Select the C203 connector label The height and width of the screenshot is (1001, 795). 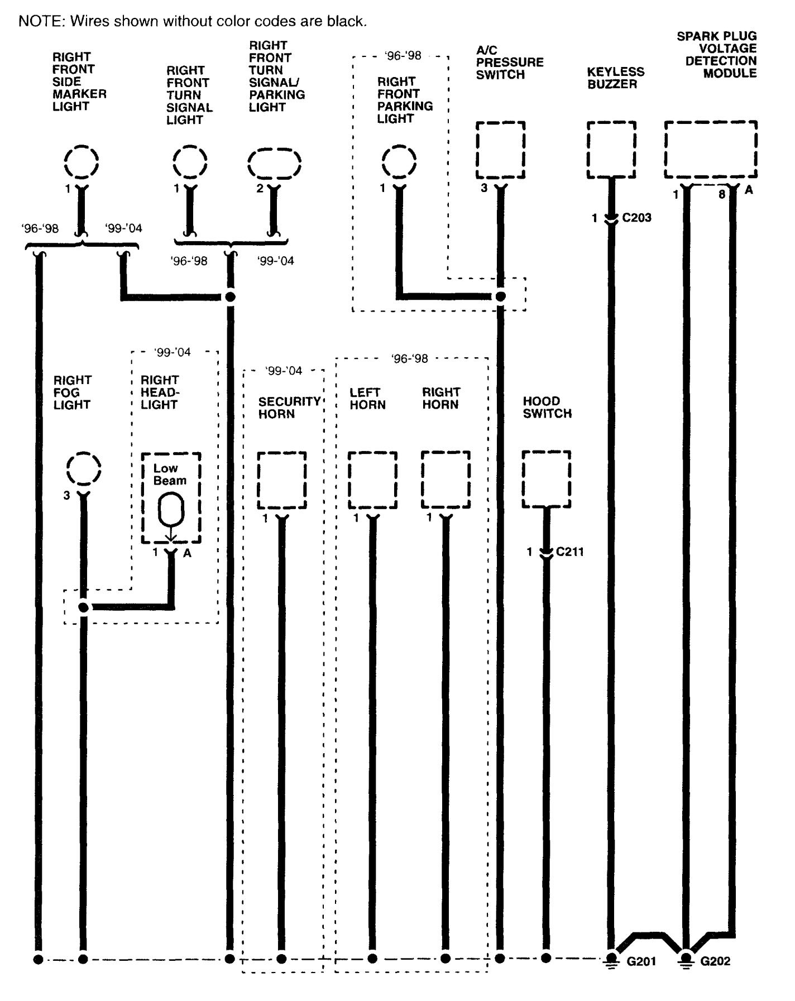tap(636, 218)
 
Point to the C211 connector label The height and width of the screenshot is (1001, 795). tap(569, 552)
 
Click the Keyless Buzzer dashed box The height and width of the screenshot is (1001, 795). tap(611, 150)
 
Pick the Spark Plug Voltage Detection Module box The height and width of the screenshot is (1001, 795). tap(711, 149)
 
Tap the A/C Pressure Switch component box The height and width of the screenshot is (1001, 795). tap(500, 150)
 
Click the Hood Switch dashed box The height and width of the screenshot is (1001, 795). tap(546, 479)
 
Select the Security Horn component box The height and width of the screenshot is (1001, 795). tap(281, 480)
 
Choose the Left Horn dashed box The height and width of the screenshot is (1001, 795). tap(372, 480)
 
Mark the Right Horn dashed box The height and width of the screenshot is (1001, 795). tap(445, 480)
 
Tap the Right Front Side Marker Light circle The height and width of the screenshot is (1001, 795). tap(82, 161)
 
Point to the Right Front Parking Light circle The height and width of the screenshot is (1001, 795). tap(399, 161)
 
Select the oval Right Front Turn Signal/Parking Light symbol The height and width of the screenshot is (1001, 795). tap(274, 164)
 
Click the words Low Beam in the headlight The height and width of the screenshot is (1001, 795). tap(170, 474)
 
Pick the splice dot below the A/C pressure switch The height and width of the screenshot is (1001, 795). tap(500, 296)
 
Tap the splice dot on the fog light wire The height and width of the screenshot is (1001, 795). tap(83, 607)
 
